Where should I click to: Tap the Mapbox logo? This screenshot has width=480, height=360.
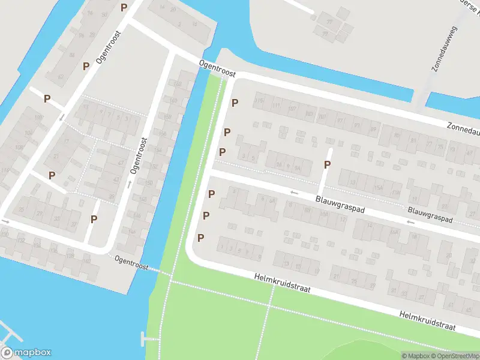pos(26,353)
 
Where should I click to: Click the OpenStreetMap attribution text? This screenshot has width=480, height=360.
pos(457,356)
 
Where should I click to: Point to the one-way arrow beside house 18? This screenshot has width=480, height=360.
pos(411,223)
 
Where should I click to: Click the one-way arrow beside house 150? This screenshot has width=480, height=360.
pos(130,183)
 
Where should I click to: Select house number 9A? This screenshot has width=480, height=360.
pos(298,169)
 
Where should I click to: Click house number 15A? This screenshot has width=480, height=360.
pos(378,188)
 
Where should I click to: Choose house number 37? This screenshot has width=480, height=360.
pos(74,224)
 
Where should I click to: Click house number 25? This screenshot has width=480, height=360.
pos(21,209)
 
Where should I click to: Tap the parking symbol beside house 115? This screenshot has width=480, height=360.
pos(235,103)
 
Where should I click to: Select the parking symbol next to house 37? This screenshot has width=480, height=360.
pos(94,219)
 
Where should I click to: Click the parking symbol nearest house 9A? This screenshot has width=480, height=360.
pos(328,164)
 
